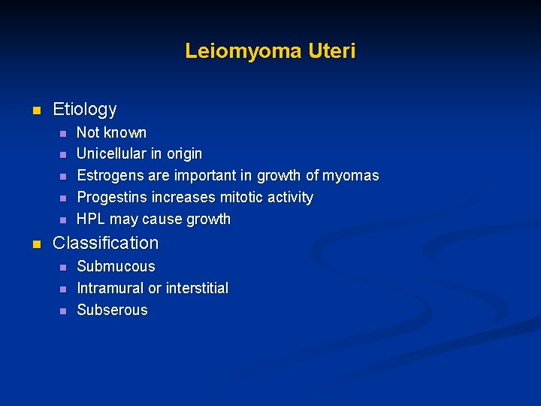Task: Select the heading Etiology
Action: tap(85, 109)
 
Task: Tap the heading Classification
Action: tap(106, 243)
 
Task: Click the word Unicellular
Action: tap(113, 153)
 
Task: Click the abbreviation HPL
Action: tap(91, 219)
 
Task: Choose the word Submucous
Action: tap(116, 266)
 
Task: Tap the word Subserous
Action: tap(112, 310)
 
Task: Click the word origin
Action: tap(183, 153)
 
